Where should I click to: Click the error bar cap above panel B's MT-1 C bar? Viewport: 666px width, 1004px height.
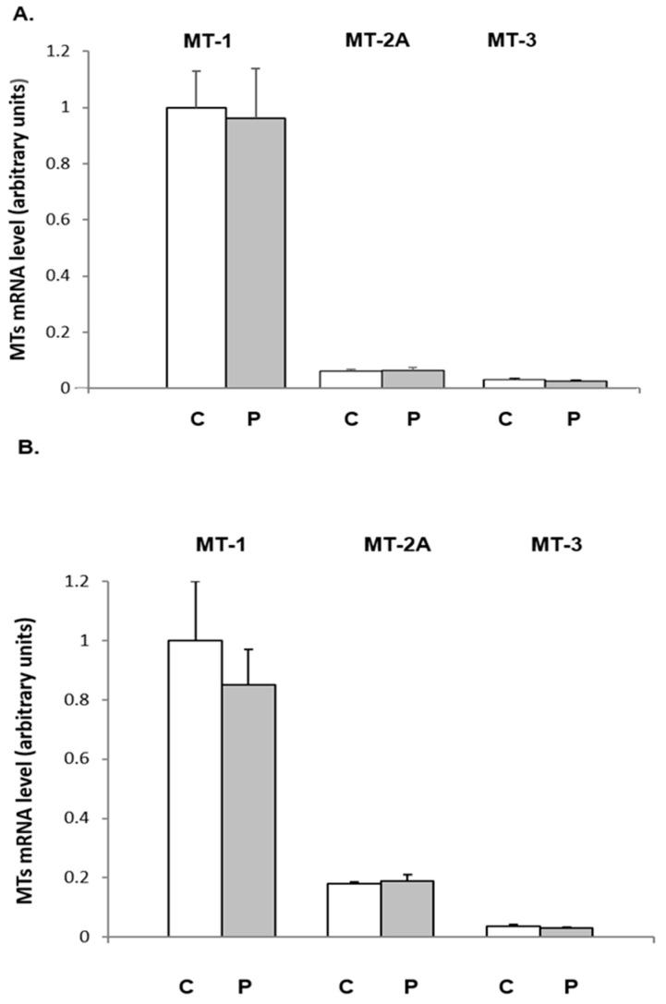click(x=195, y=582)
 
